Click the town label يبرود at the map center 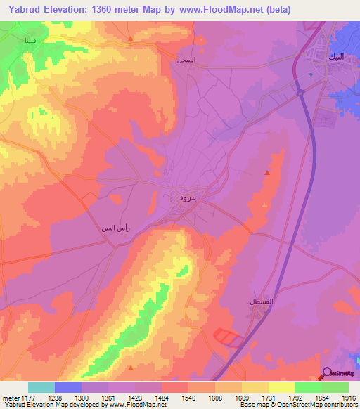[x=180, y=198]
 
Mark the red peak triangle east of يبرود [x=267, y=173]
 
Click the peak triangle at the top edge [x=131, y=37]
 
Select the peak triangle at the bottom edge [x=131, y=367]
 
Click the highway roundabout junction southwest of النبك [x=300, y=91]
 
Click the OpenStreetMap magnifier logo [x=327, y=372]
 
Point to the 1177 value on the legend [x=23, y=397]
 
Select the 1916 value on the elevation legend [x=349, y=397]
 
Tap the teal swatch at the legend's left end [x=41, y=387]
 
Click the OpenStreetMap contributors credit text [x=321, y=405]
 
